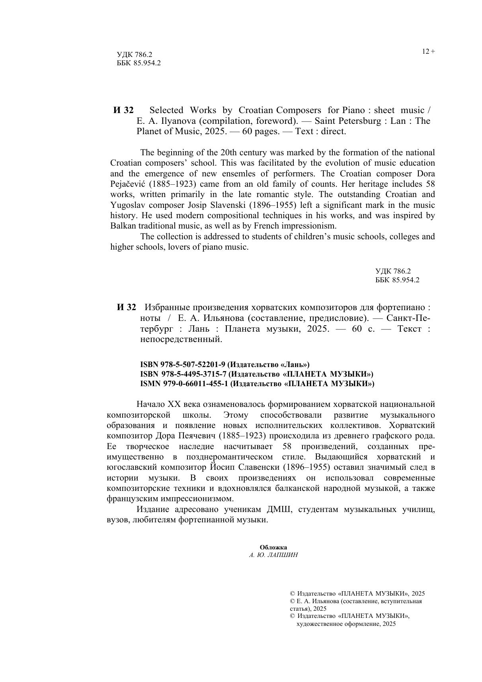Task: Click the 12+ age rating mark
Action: click(428, 51)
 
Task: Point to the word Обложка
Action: click(273, 547)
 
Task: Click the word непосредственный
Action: click(181, 340)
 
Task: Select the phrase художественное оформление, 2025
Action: click(346, 624)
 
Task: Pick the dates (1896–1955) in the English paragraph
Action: click(273, 205)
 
